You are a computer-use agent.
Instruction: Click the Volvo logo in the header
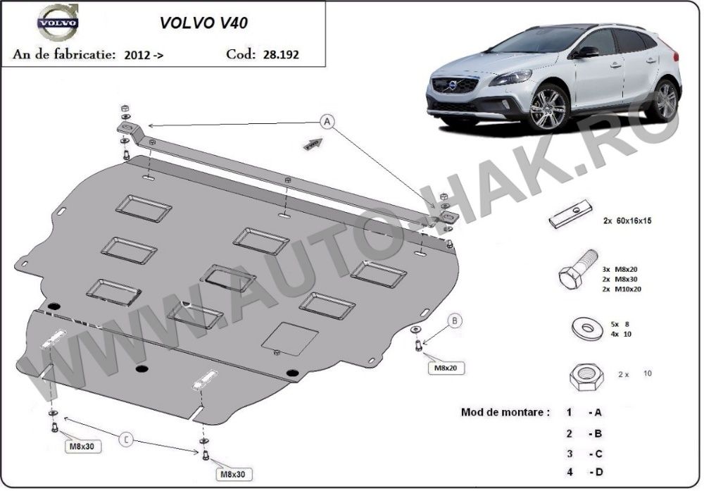58,21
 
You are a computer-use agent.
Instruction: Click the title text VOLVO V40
203,23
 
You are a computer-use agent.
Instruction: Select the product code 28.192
281,54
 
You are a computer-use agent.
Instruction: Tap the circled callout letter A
328,121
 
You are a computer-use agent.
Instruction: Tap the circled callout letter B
455,321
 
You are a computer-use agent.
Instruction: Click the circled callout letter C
127,440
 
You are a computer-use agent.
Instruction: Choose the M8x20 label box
446,368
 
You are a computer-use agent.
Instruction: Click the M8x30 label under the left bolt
82,446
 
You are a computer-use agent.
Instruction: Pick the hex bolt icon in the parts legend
577,268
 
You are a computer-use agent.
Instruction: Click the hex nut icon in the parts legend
587,376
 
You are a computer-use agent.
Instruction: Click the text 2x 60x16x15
627,220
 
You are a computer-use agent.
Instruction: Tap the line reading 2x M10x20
622,290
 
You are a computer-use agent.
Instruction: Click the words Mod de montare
505,412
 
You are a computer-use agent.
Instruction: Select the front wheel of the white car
548,107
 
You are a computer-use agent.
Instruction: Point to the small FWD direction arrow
313,144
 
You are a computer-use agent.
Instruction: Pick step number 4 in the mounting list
570,472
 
